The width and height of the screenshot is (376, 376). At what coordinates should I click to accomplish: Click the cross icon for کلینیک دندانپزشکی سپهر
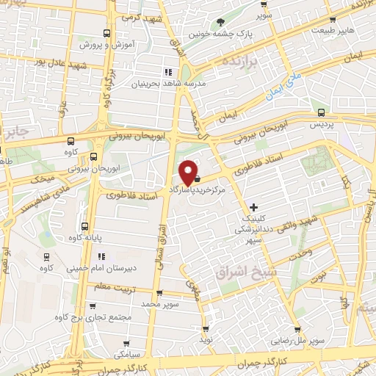tap(253, 207)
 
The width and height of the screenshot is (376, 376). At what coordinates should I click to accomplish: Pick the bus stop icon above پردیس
tap(321, 112)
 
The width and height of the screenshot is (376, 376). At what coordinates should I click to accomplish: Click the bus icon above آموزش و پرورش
tap(107, 34)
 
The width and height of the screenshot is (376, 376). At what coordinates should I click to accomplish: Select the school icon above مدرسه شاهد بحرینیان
tap(167, 72)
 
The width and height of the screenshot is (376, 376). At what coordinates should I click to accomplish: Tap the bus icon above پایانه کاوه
tap(84, 226)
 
